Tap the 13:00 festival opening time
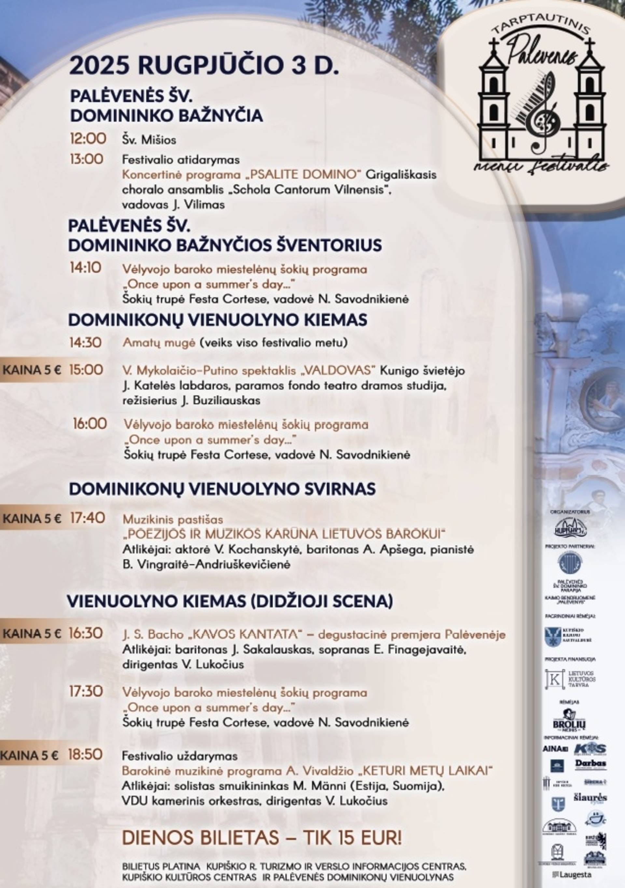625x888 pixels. click(87, 159)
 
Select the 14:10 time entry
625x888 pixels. click(86, 268)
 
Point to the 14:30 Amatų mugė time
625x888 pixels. click(86, 342)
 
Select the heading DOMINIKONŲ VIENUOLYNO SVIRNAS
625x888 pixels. click(222, 489)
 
